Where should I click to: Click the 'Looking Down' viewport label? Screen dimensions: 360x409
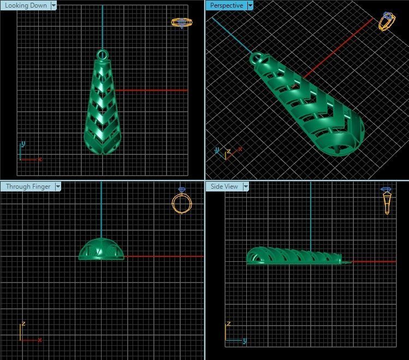click(x=25, y=5)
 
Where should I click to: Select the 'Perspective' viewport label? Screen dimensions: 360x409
click(x=226, y=5)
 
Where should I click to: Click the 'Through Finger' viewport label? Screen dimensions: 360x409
click(x=28, y=187)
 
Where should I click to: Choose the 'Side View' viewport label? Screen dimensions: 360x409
click(x=224, y=187)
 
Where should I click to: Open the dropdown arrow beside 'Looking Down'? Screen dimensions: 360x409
click(x=54, y=5)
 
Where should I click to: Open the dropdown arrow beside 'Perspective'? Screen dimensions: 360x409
click(x=250, y=5)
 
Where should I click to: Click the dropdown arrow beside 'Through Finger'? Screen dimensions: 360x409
click(x=58, y=187)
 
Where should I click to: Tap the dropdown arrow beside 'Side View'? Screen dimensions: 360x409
click(x=246, y=187)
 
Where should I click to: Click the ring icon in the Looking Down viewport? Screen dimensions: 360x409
click(x=182, y=23)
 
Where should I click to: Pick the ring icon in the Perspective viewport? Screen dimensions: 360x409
click(x=387, y=21)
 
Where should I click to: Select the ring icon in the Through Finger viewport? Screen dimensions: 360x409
click(x=182, y=201)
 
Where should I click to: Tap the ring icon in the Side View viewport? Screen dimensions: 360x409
click(x=387, y=201)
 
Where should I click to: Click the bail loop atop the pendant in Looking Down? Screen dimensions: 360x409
click(x=102, y=55)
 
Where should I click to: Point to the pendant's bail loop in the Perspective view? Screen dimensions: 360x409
click(x=257, y=58)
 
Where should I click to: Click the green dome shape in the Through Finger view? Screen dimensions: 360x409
click(x=101, y=250)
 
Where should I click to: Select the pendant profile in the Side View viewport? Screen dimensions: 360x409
click(x=295, y=257)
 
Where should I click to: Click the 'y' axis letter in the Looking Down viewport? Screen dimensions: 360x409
click(x=23, y=145)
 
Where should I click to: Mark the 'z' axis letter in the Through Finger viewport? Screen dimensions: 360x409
click(x=23, y=324)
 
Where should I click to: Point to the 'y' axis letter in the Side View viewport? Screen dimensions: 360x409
click(x=244, y=341)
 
